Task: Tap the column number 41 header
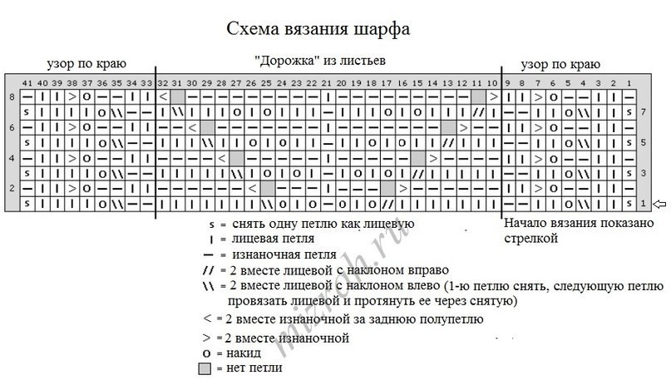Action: click(28, 83)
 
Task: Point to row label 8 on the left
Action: click(12, 97)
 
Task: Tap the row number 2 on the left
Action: click(12, 188)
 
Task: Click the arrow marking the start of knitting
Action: click(660, 203)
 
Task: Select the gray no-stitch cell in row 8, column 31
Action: click(177, 97)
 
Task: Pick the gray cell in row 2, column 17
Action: click(387, 188)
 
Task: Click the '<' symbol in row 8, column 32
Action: click(162, 97)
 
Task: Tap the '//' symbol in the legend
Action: click(208, 270)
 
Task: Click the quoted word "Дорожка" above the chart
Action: click(280, 61)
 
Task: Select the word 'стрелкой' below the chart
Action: click(530, 238)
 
